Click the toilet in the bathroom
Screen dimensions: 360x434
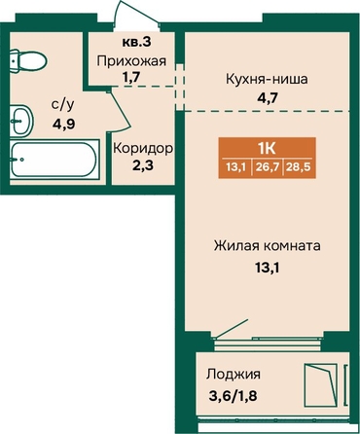point(28,61)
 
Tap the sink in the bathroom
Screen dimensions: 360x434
point(21,121)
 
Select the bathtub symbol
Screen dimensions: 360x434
point(54,160)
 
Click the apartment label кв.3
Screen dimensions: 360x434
point(137,42)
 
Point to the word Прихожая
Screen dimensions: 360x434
point(131,61)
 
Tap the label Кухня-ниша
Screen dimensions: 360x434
point(267,79)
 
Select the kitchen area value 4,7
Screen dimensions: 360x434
point(267,97)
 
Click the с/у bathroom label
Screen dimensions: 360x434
point(63,105)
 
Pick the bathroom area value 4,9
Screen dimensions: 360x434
point(64,125)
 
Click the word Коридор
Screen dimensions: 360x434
point(143,149)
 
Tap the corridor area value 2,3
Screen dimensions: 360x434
point(143,165)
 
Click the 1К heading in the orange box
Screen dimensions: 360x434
point(267,149)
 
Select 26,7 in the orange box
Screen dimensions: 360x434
point(268,167)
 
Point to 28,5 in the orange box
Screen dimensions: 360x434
point(299,167)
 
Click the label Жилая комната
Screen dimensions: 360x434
point(268,246)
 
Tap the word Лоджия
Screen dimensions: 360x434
point(234,375)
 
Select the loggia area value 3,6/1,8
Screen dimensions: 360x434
point(233,396)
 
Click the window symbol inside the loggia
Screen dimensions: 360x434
point(320,384)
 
